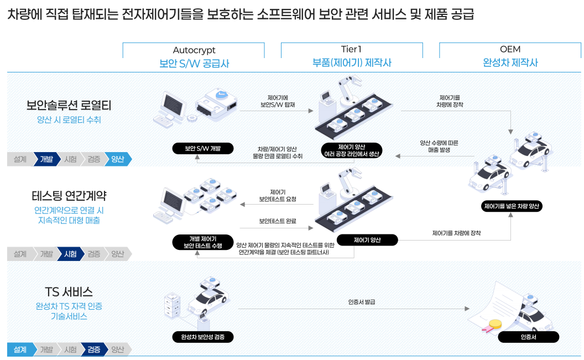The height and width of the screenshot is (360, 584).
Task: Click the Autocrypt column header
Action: tap(194, 50)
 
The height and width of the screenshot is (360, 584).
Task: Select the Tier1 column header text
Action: tap(352, 49)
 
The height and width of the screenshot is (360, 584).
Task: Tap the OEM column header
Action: tap(510, 49)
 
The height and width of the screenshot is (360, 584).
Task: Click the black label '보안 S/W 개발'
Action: tap(202, 149)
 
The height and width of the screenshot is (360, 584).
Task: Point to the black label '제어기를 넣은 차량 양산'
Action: tap(511, 206)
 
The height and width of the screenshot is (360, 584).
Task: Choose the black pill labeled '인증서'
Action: tap(528, 337)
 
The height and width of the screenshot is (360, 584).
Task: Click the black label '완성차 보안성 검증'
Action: tap(202, 337)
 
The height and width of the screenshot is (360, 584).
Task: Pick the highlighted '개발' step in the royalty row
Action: tap(46, 159)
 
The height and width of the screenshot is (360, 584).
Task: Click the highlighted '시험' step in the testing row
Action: tap(70, 254)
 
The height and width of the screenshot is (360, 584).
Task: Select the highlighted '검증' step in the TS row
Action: tap(93, 349)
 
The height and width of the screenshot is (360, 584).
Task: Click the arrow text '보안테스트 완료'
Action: tap(278, 221)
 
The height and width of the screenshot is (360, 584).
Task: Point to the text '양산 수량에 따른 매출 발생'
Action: tap(439, 146)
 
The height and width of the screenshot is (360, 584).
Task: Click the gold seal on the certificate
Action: tap(495, 325)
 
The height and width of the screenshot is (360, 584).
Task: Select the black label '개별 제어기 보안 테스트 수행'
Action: tap(202, 242)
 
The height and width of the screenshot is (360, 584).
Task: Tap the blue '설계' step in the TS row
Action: tap(20, 349)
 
